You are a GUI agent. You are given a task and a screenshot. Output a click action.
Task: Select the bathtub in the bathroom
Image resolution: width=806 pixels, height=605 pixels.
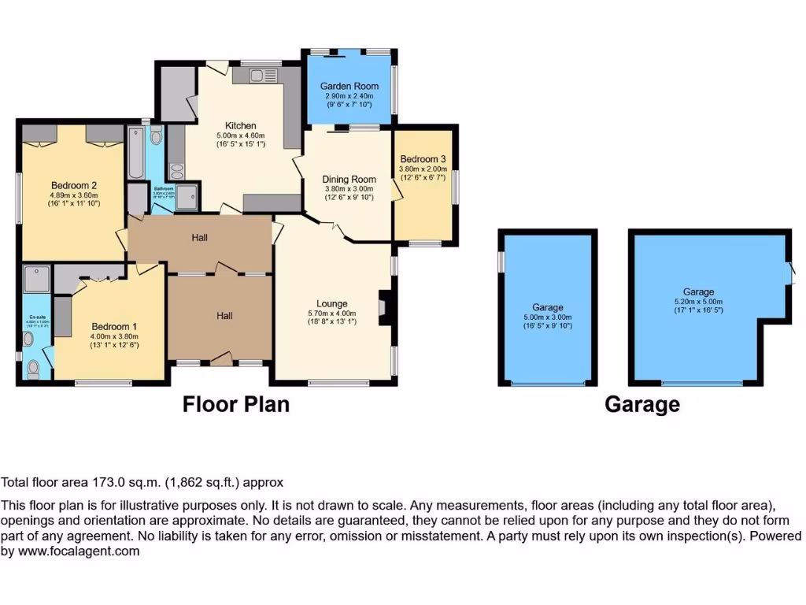(135, 154)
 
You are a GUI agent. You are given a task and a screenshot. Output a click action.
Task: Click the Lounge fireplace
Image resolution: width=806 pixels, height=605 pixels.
(384, 307)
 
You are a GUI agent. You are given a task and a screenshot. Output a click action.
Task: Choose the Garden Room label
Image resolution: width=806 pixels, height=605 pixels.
(349, 86)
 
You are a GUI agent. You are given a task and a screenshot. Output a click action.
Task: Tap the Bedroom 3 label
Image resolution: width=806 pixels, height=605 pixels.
(423, 158)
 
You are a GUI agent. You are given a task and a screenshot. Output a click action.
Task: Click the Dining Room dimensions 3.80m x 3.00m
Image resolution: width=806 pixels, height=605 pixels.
(348, 189)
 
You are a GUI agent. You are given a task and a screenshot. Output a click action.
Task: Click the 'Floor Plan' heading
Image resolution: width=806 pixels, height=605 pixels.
(235, 404)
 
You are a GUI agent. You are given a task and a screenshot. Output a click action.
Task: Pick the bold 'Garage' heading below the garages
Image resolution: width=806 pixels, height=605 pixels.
(641, 405)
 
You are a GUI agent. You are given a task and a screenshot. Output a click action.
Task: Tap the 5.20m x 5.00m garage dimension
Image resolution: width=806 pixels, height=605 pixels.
(698, 302)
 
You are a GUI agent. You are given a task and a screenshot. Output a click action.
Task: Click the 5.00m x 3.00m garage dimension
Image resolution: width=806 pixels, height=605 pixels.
(547, 318)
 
